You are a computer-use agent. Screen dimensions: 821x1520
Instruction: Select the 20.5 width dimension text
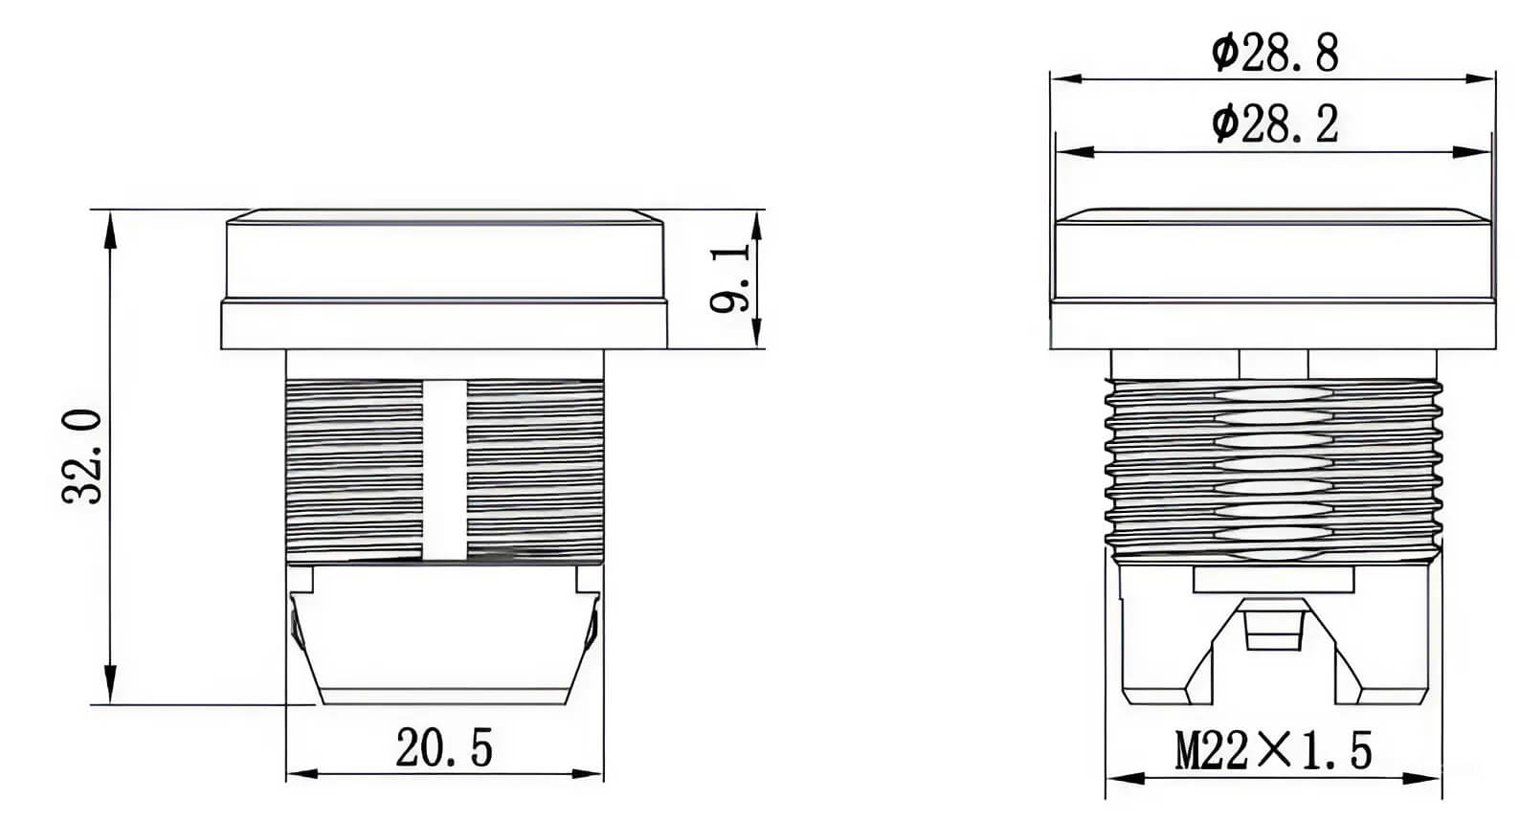pos(444,748)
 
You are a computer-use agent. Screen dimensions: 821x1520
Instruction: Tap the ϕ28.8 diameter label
pos(1274,54)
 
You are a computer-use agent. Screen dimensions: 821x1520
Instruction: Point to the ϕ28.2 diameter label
pos(1274,124)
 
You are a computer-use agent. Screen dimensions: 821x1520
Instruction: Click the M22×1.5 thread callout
pos(1273,751)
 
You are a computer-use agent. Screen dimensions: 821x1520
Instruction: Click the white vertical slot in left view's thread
pos(444,469)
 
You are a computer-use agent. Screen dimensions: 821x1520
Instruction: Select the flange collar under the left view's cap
pos(444,325)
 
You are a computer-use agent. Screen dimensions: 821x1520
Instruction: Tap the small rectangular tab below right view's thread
pos(1273,579)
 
